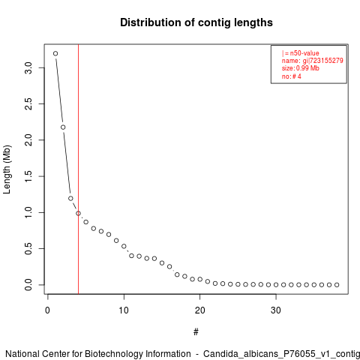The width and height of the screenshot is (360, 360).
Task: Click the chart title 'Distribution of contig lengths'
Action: tap(196, 22)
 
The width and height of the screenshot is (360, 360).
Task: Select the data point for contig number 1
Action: tap(55, 53)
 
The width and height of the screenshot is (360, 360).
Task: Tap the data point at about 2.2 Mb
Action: tap(63, 127)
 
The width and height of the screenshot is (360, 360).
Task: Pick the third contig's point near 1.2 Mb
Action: tap(70, 198)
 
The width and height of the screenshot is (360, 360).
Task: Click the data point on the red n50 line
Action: tap(78, 213)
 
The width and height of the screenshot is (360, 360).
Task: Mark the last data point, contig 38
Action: tap(337, 285)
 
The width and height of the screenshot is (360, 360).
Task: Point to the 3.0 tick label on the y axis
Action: tap(28, 67)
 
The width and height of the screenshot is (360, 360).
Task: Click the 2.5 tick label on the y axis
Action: tap(28, 103)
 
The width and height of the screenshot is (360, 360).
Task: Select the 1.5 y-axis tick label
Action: tap(28, 176)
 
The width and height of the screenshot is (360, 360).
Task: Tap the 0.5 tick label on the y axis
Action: tap(28, 248)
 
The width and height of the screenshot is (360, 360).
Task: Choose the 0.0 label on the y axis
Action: tap(28, 285)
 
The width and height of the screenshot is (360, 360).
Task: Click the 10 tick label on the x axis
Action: tap(124, 310)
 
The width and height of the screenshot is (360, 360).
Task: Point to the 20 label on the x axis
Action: tap(199, 310)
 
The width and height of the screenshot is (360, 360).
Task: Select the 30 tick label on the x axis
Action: tap(276, 310)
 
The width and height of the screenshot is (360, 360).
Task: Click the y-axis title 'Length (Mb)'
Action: tap(7, 169)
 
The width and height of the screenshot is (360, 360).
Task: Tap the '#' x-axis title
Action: tap(196, 332)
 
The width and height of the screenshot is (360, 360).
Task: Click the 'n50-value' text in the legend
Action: tap(304, 53)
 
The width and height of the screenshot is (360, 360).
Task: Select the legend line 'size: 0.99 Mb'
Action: tap(301, 68)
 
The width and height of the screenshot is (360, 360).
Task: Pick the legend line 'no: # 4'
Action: tap(292, 76)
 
